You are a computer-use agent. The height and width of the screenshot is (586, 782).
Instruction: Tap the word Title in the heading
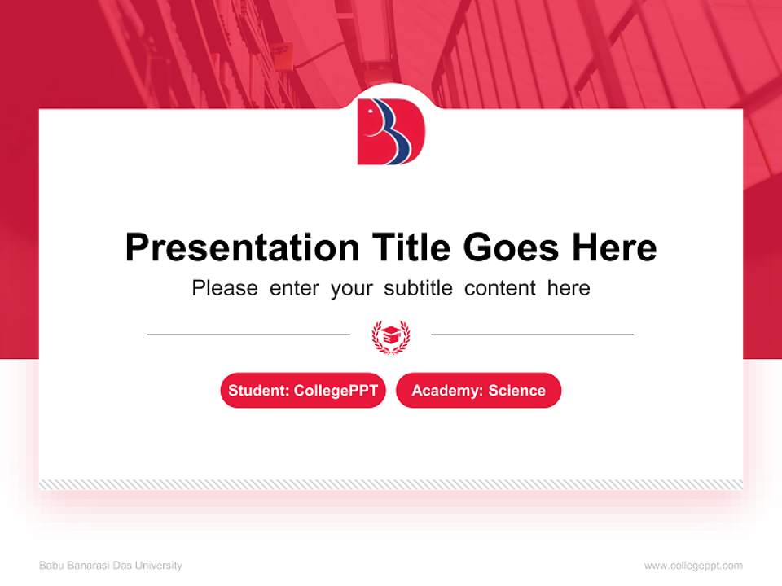pos(411,247)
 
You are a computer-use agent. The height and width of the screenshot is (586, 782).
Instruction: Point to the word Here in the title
pos(613,247)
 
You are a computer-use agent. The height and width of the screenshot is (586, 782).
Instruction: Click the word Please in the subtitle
pos(225,288)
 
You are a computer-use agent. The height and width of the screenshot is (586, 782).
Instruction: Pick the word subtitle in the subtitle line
pos(419,288)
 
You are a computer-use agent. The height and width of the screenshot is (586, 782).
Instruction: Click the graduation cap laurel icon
pos(391,335)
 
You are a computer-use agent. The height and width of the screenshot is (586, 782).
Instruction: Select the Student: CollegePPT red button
pos(303,391)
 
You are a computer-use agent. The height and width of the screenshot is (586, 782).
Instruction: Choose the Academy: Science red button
pos(478,391)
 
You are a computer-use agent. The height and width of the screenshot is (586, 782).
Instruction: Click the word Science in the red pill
pos(517,391)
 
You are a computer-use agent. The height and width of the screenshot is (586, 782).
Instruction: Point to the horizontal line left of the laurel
pos(248,335)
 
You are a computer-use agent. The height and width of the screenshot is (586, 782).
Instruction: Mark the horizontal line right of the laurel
pos(532,335)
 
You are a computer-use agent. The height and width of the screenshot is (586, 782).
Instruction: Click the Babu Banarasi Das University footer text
pos(111,566)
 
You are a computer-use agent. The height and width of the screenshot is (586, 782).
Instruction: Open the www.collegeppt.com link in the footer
pos(693,566)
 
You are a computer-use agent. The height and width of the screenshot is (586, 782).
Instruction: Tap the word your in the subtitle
pos(352,288)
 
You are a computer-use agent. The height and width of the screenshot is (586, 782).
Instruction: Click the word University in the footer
pos(161,566)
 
